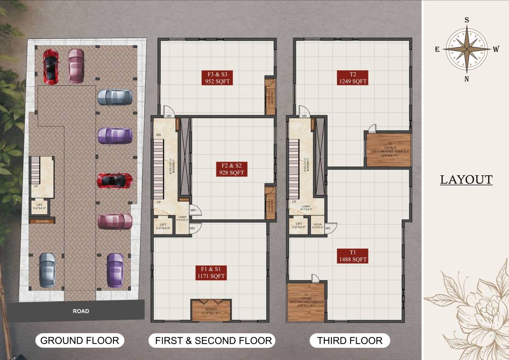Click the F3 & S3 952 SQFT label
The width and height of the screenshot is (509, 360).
(217, 77)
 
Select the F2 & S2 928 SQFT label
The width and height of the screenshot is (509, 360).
(231, 169)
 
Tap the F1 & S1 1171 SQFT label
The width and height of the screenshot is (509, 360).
(211, 272)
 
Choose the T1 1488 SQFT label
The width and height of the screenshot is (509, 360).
(352, 255)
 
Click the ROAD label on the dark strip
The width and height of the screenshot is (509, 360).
(81, 311)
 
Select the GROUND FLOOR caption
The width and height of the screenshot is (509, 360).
(80, 340)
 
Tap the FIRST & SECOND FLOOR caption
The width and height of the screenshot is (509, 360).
(213, 340)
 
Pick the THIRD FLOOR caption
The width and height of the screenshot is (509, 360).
(350, 340)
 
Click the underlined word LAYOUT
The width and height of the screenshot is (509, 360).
(466, 180)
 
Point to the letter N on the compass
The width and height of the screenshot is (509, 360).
(466, 79)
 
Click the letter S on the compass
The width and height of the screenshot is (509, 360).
(466, 20)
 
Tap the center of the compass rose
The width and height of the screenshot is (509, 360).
(466, 49)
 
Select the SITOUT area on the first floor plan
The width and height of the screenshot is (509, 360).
(211, 310)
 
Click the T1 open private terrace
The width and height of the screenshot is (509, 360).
(306, 302)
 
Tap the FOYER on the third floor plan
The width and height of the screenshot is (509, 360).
(317, 225)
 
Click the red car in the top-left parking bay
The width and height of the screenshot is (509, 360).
(51, 66)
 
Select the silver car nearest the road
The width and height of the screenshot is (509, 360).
(47, 270)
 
